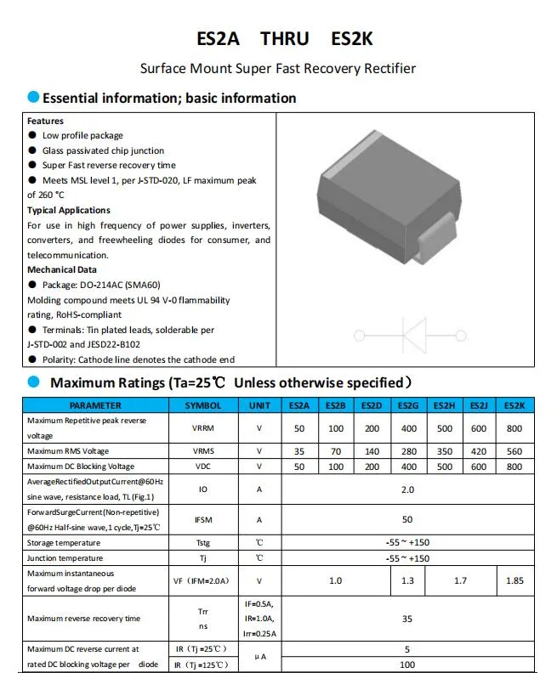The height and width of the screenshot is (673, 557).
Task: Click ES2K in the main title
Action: (350, 38)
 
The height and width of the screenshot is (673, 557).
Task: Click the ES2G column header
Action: (407, 406)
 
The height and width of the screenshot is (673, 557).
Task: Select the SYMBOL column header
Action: (203, 406)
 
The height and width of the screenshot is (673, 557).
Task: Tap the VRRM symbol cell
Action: (203, 428)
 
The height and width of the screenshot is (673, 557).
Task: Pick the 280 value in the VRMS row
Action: (407, 451)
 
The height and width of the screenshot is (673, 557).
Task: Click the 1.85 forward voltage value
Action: (514, 581)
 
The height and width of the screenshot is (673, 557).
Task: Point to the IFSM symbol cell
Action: (203, 519)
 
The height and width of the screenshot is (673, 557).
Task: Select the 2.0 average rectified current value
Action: (407, 489)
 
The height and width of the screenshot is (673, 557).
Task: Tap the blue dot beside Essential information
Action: (33, 97)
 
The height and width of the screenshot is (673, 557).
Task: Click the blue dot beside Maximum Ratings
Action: (34, 382)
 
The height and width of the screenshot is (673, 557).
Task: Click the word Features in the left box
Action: (45, 121)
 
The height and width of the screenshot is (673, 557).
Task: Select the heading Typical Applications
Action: (69, 210)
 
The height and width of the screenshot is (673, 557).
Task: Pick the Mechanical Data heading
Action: (63, 269)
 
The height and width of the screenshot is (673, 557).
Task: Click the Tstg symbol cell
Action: (203, 543)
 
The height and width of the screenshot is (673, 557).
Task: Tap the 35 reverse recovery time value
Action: (407, 619)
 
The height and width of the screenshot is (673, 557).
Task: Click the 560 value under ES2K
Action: (514, 451)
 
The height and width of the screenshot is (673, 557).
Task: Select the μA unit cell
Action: (260, 656)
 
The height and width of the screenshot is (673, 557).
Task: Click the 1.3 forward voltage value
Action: (407, 581)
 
